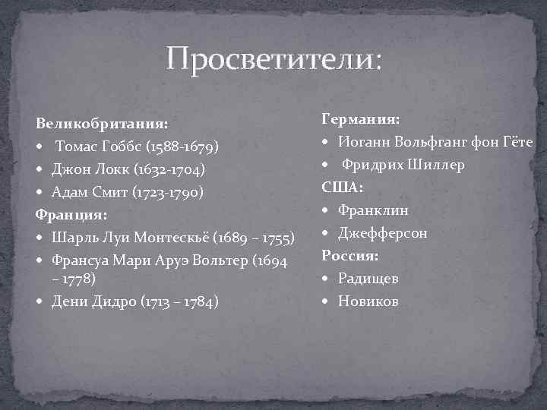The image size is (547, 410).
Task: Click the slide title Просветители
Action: [275, 58]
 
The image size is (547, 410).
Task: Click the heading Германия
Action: [361, 119]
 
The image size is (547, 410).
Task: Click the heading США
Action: [343, 187]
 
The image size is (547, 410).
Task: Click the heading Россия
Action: [349, 255]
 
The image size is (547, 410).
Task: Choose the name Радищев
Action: [368, 278]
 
